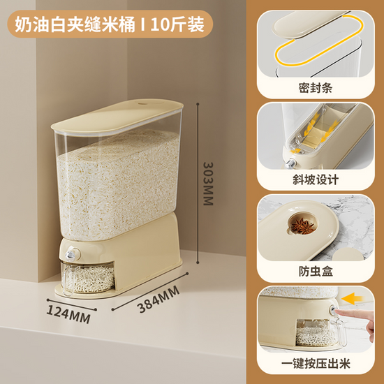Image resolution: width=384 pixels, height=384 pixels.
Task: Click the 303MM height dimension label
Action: coord(208,184)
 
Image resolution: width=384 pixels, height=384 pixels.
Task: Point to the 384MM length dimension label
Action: coord(158,300)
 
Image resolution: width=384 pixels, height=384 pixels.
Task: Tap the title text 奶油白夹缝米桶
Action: coord(75,24)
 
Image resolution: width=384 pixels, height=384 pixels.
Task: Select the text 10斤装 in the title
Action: coord(177,24)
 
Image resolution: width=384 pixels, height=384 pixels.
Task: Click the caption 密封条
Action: coord(315,88)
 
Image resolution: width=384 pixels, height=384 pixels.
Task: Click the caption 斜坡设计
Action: coord(316,179)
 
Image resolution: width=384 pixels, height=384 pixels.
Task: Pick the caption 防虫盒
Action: coord(316,272)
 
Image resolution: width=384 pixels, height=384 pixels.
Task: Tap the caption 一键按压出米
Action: coord(316,364)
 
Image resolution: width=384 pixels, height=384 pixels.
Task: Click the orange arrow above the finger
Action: coord(352,299)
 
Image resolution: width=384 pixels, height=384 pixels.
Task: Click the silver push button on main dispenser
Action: coord(71,255)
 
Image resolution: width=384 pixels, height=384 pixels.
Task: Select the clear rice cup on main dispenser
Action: coord(87,277)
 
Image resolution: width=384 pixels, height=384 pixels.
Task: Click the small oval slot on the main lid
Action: coord(142,103)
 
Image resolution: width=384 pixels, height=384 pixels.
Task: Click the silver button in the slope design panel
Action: coord(290,163)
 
